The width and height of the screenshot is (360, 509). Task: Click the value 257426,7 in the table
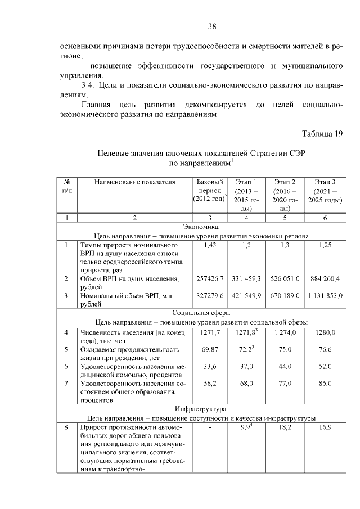click(209, 278)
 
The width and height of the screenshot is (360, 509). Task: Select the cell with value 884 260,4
click(325, 278)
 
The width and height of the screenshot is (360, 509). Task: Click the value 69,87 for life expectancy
click(209, 349)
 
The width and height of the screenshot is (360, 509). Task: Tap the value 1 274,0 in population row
click(285, 332)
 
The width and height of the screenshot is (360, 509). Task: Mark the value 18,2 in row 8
click(285, 427)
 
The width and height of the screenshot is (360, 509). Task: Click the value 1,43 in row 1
click(209, 245)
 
